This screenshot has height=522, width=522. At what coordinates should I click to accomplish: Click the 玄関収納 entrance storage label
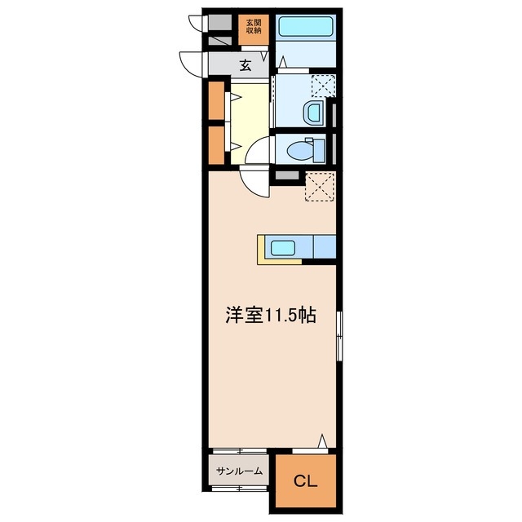point(254,28)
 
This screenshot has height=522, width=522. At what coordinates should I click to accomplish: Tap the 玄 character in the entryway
point(245,65)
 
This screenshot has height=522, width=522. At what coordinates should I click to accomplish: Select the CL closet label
point(303,480)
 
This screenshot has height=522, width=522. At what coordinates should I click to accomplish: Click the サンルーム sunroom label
point(240,471)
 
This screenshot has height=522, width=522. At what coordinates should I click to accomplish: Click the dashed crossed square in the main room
point(319,188)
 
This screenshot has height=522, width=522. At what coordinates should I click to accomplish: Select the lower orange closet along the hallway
point(216,144)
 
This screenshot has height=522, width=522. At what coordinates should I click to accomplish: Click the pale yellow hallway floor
point(250,114)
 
